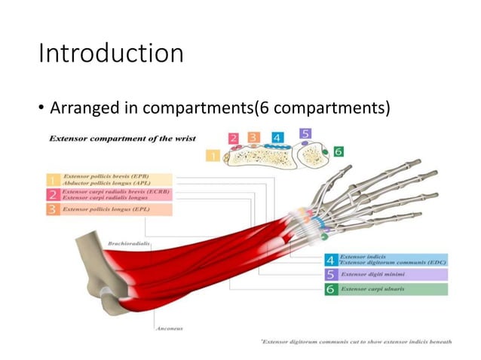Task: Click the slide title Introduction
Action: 111,53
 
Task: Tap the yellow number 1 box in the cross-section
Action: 213,156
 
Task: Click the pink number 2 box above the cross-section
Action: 234,139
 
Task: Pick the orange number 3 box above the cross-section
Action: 253,137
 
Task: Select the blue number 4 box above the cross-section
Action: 277,138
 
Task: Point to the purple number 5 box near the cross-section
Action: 305,133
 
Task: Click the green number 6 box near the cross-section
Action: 339,151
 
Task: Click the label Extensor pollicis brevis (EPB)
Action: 110,175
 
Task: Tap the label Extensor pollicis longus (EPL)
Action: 106,209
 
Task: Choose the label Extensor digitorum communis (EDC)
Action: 393,262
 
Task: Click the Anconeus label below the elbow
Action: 170,328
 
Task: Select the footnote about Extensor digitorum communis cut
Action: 357,342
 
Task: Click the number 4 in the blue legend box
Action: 330,260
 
